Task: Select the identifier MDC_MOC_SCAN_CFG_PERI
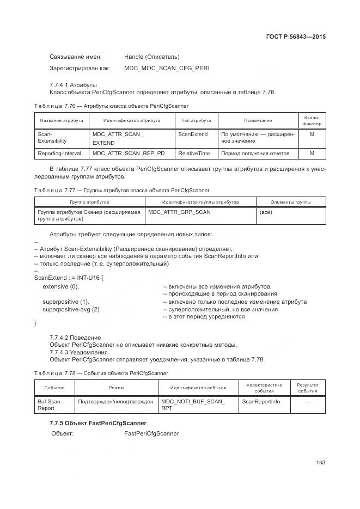[x=166, y=68]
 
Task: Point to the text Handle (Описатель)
[x=151, y=57]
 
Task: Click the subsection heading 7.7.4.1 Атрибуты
[x=73, y=84]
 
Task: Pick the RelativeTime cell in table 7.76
[x=194, y=154]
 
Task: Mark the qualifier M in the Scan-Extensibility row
[x=312, y=134]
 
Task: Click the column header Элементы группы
[x=290, y=202]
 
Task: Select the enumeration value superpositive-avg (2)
[x=71, y=309]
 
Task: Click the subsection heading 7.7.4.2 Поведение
[x=75, y=338]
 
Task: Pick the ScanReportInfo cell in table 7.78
[x=261, y=401]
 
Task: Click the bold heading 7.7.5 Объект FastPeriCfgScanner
[x=97, y=423]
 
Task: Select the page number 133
[x=320, y=463]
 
